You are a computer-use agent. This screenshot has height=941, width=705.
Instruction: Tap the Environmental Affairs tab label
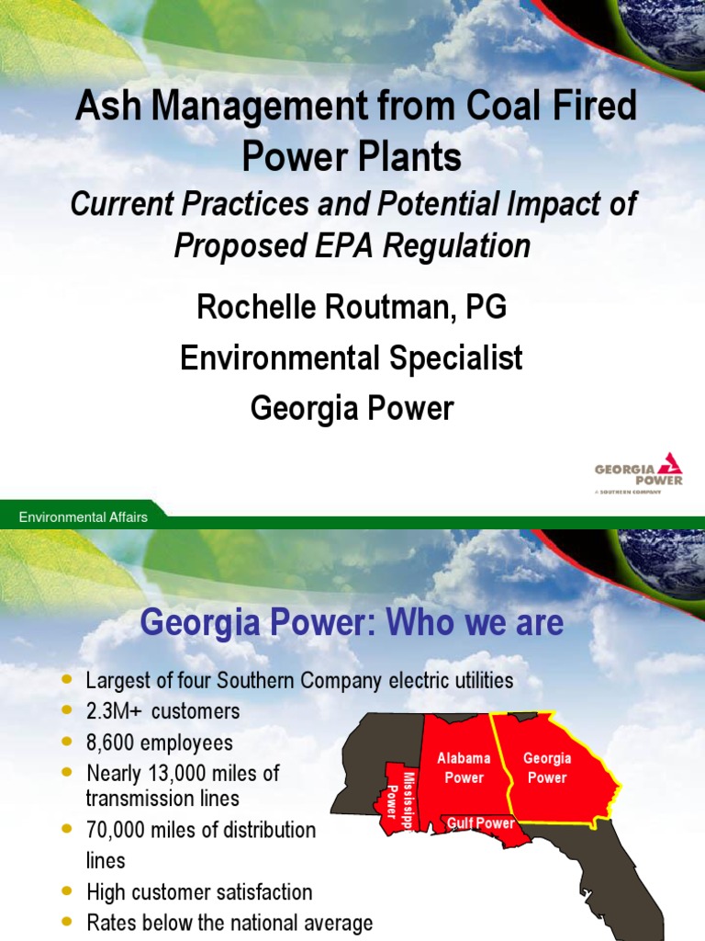(84, 517)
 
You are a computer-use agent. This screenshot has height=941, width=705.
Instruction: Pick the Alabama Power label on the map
(464, 768)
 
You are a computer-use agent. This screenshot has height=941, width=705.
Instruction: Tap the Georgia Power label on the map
(547, 768)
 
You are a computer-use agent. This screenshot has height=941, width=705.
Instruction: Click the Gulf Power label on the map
(481, 823)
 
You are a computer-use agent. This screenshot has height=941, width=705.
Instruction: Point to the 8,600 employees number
(109, 743)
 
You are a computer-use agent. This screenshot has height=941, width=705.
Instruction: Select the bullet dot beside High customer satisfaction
(65, 891)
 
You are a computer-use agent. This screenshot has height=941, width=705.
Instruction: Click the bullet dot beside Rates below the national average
(65, 922)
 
